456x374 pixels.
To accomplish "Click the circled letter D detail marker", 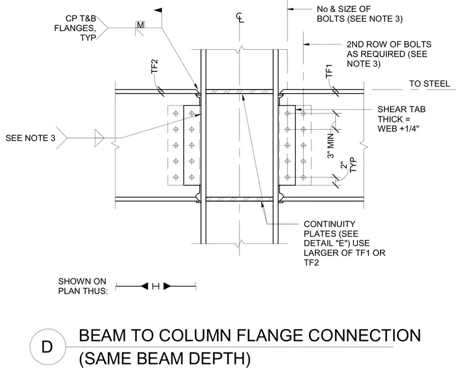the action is (47, 346).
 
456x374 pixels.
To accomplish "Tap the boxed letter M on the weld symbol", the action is (140, 25).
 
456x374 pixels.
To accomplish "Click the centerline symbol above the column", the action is (240, 17).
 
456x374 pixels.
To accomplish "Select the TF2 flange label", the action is (154, 67).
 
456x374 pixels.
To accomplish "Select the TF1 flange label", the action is (329, 71).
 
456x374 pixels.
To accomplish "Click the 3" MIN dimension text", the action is (331, 145).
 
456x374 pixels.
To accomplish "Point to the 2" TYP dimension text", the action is (349, 165).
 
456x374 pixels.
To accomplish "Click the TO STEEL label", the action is (430, 84).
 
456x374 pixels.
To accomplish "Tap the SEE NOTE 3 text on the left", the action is (30, 138).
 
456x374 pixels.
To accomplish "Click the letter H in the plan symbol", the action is (155, 286).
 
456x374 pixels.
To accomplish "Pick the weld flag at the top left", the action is (158, 10).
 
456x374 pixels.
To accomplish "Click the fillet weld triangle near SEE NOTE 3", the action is (99, 137).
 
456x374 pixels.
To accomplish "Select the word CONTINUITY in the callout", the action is (329, 224).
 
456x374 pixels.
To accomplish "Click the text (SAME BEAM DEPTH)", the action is (165, 358).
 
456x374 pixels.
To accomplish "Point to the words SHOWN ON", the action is (82, 282).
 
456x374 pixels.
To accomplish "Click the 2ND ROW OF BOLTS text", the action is (389, 44).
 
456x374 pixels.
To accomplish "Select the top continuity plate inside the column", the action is (239, 92).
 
